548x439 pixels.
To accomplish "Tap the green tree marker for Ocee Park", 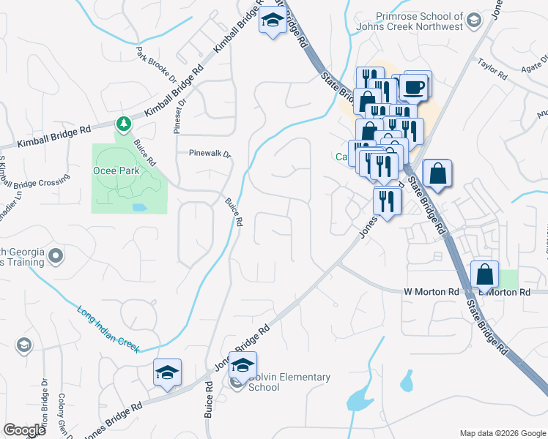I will pos(123,123).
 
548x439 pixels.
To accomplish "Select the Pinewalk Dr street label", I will pos(210,154).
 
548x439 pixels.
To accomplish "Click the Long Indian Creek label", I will pos(108,326).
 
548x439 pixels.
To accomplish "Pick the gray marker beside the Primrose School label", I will pos(473,19).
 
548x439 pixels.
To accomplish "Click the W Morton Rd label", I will pos(431,292).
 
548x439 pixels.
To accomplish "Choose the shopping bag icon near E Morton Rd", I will pos(484,276).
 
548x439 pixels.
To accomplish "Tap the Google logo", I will pos(25,430).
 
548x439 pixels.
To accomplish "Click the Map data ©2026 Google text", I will pos(502,433).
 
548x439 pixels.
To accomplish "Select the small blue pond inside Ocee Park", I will pos(138,208).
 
